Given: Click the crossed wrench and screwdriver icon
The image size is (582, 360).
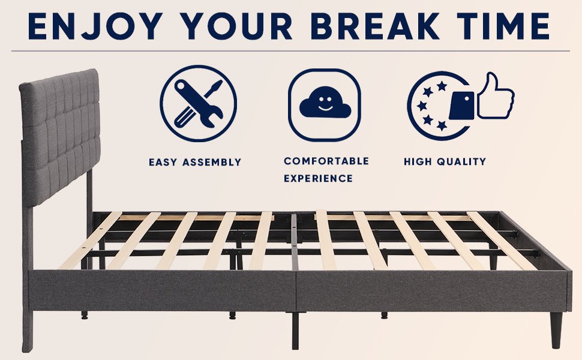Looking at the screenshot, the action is [x=198, y=103].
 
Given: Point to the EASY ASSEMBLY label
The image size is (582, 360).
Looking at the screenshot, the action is [x=195, y=162].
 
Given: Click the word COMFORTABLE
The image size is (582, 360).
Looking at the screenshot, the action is [x=326, y=161].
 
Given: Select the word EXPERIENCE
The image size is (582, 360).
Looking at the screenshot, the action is [x=318, y=179].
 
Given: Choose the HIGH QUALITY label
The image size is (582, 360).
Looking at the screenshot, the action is [x=445, y=161].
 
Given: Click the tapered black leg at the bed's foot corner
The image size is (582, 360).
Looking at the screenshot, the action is [x=556, y=330].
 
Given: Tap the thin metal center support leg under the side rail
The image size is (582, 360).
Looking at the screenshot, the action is [x=295, y=331].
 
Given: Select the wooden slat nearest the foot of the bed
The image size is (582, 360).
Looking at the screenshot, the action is [x=502, y=241].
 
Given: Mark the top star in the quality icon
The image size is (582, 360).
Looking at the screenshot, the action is [x=442, y=86].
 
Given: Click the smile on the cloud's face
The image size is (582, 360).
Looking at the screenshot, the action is [x=325, y=108].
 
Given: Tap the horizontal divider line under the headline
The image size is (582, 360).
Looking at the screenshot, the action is [x=290, y=51].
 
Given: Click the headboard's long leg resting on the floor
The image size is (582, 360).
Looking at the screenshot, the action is [x=27, y=278].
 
